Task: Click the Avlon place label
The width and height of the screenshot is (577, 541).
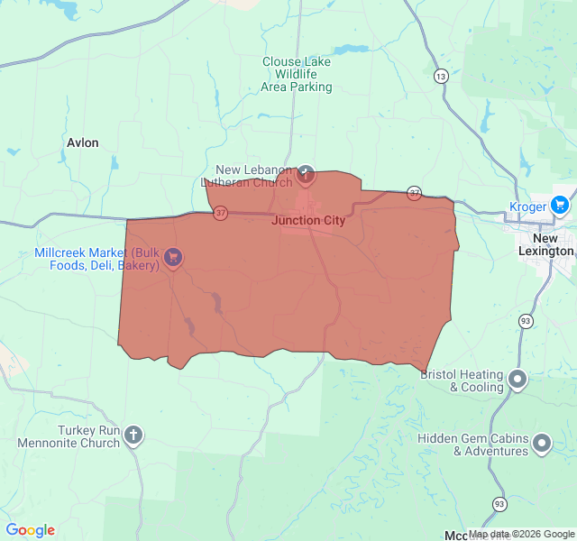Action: pyautogui.click(x=83, y=142)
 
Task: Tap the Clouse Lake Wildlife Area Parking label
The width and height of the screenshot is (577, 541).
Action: pyautogui.click(x=297, y=75)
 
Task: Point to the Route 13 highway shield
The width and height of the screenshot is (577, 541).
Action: pyautogui.click(x=440, y=76)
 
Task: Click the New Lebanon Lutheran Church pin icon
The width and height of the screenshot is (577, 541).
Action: pyautogui.click(x=306, y=174)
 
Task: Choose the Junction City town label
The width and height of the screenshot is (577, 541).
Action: pyautogui.click(x=308, y=221)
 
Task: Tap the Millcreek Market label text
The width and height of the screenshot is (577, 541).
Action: pyautogui.click(x=97, y=259)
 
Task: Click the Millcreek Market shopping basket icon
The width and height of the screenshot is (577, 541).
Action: pyautogui.click(x=173, y=259)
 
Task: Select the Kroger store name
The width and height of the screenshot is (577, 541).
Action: pyautogui.click(x=527, y=206)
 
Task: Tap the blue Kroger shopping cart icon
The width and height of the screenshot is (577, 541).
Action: pyautogui.click(x=560, y=206)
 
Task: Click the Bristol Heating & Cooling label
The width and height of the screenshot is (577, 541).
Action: pyautogui.click(x=463, y=381)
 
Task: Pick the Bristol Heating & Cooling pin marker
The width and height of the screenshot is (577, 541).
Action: pyautogui.click(x=517, y=380)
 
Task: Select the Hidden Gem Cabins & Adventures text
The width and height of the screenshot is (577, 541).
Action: pyautogui.click(x=472, y=445)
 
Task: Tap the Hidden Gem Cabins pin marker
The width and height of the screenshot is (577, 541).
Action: pyautogui.click(x=541, y=444)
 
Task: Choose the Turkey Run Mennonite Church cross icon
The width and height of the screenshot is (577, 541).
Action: pyautogui.click(x=133, y=436)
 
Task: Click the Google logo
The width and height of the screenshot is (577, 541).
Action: pyautogui.click(x=30, y=530)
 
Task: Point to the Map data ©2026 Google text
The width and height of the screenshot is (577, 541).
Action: pyautogui.click(x=521, y=534)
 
